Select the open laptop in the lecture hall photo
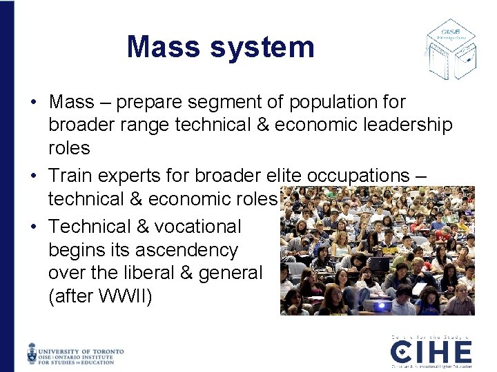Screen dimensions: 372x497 click(x=378, y=264)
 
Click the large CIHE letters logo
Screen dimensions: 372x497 click(x=431, y=353)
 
